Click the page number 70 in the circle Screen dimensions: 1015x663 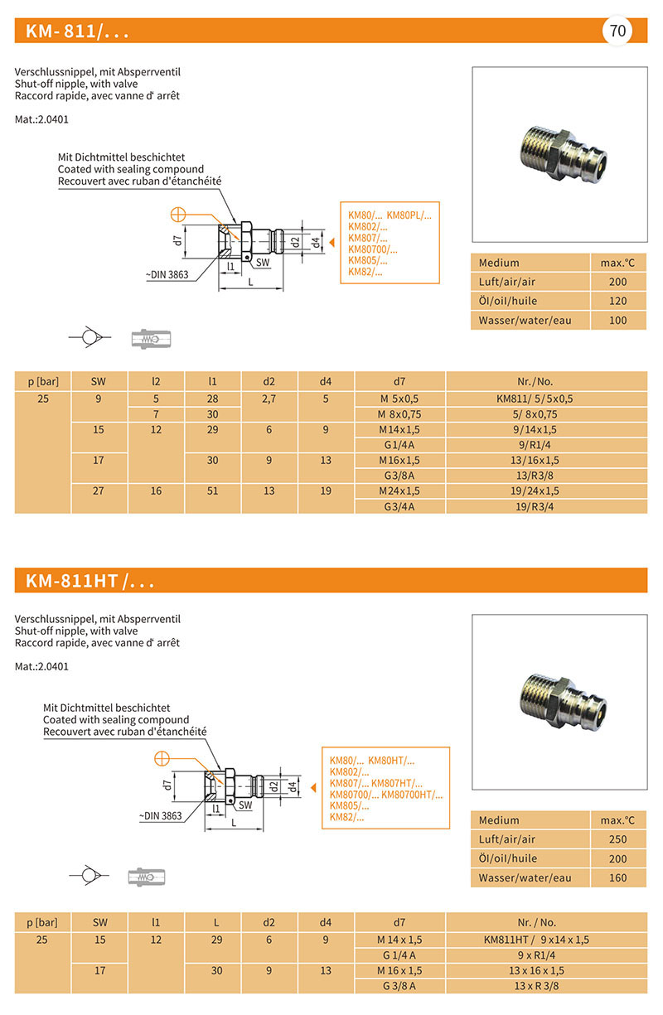617,32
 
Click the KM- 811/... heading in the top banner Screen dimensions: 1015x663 77,32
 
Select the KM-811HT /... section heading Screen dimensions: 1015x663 90,581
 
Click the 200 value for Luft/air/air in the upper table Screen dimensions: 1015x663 617,282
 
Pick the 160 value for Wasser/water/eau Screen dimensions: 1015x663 617,878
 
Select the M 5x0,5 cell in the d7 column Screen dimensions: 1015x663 400,399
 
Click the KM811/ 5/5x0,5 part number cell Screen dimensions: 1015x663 546,399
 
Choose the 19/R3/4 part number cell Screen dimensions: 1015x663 546,506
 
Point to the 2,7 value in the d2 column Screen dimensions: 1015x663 269,399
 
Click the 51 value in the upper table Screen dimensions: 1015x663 212,491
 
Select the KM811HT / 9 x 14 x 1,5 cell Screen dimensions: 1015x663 546,940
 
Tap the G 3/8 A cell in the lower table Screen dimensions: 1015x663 400,986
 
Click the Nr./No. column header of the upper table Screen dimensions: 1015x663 546,381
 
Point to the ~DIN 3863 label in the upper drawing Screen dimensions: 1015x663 168,275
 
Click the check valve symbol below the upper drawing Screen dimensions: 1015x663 88,337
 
